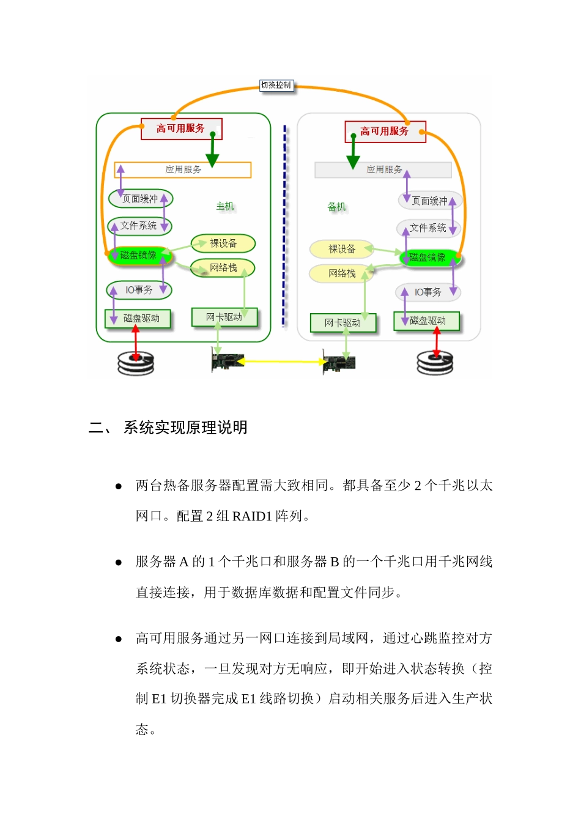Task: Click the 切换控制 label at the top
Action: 276,86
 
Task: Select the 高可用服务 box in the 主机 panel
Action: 181,128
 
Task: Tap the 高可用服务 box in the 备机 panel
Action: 385,131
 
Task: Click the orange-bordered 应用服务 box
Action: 183,169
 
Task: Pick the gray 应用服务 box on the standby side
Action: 383,169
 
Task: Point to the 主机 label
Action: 225,206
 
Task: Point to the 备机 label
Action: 336,207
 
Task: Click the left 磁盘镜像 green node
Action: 139,255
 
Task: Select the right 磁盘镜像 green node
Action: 428,257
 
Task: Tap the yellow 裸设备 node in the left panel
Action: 223,243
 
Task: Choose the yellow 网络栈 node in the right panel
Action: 342,273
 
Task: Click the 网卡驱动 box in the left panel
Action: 224,317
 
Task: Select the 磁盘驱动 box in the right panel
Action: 427,320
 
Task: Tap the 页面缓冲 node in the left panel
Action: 141,199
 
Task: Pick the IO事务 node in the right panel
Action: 428,292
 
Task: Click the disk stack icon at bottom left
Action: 136,363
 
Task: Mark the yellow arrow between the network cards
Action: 283,361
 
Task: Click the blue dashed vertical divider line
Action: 284,226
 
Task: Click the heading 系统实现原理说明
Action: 185,428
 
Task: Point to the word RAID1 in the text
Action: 251,516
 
